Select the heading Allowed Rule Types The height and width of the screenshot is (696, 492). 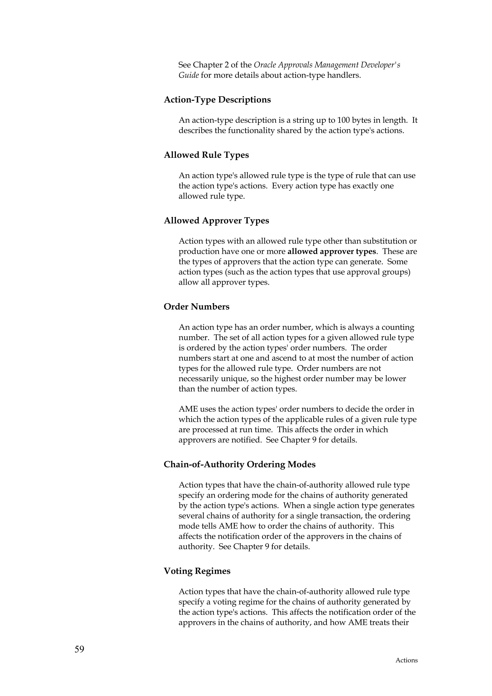(206, 155)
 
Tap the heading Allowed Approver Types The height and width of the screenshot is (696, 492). (216, 221)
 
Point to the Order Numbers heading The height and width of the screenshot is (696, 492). (197, 307)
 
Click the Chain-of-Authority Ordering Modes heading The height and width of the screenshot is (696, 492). (240, 464)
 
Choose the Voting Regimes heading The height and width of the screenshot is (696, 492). (197, 571)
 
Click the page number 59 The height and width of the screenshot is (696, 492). (80, 649)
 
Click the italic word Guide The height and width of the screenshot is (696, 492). (189, 75)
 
